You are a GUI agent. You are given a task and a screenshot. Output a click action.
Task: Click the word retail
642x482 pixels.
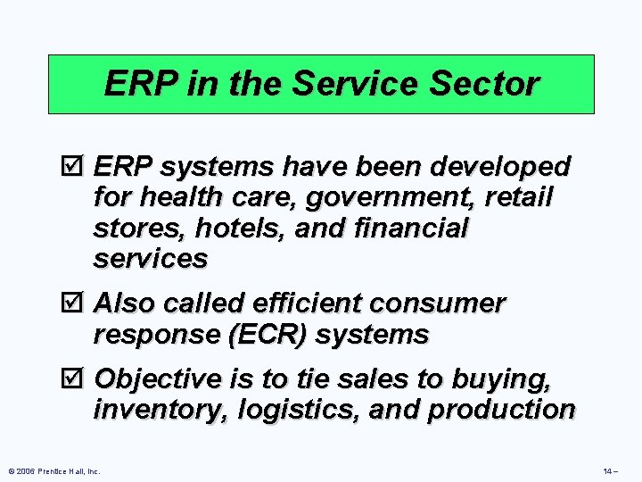(520, 197)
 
